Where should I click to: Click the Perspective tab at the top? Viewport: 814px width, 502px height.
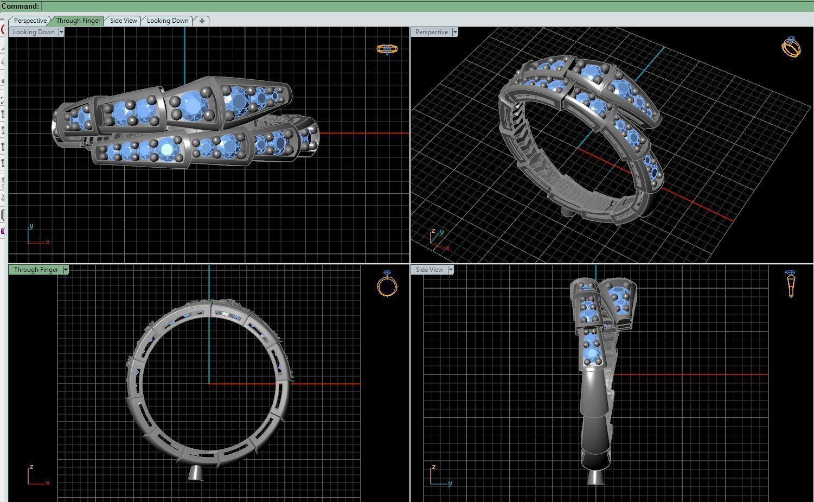coord(30,21)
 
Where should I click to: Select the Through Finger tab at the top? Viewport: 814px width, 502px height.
coord(78,21)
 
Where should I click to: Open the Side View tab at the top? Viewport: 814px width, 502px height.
coord(123,21)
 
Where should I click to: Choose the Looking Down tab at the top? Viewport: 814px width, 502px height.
coord(168,21)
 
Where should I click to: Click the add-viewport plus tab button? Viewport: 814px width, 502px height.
coord(202,21)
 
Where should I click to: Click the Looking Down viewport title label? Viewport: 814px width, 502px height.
coord(34,32)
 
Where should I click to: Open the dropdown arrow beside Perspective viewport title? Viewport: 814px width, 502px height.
coord(455,32)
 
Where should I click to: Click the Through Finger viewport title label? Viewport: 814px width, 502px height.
coord(36,270)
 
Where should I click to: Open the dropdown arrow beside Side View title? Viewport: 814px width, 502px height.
coord(451,270)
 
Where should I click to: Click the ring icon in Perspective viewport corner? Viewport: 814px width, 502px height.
coord(791,47)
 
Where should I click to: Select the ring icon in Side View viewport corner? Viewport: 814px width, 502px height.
coord(791,283)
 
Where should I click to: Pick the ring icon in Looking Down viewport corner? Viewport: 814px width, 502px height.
coord(387,49)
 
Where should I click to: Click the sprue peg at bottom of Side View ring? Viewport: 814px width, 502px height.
coord(596,477)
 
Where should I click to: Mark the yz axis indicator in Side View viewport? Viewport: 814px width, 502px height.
coord(439,475)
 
